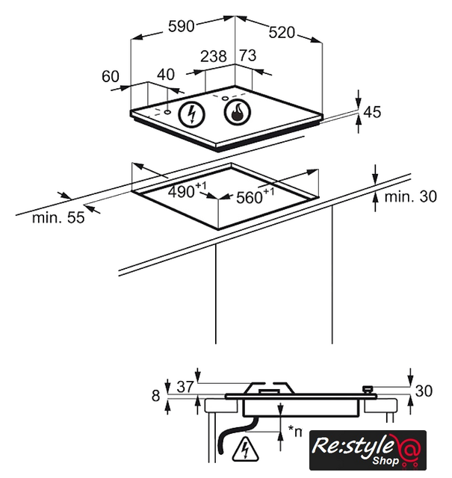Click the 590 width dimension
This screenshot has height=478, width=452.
[181, 26]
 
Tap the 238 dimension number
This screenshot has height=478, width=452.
[214, 56]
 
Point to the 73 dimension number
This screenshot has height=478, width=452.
[247, 56]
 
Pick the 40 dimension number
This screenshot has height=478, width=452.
[166, 75]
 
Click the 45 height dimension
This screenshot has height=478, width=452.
[372, 112]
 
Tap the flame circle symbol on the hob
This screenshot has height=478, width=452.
[238, 114]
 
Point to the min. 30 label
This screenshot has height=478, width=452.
[410, 197]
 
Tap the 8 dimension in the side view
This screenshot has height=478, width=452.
[156, 395]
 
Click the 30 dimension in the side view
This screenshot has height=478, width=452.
[424, 390]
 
